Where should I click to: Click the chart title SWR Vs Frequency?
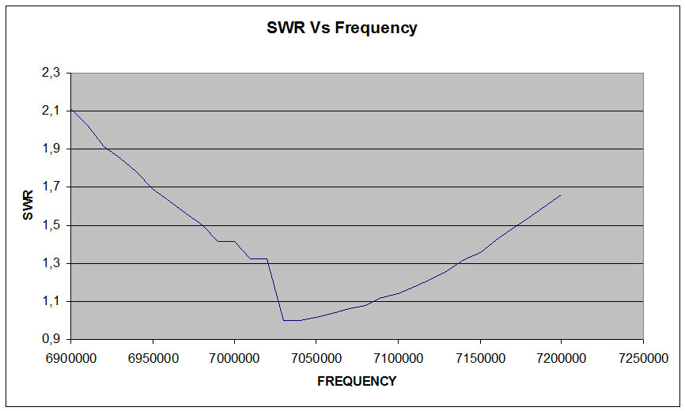click(342, 28)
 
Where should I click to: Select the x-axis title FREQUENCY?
click(357, 381)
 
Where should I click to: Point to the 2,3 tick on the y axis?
click(51, 73)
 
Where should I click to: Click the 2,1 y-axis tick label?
click(51, 111)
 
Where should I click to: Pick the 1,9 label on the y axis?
click(51, 149)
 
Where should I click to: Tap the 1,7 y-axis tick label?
click(51, 187)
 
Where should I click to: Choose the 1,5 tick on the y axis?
click(51, 225)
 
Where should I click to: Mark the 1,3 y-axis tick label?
click(51, 263)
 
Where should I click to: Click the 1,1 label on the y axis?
click(51, 301)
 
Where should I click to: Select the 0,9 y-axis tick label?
click(51, 339)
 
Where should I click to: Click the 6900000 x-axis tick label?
click(71, 358)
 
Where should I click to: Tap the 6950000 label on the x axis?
click(153, 358)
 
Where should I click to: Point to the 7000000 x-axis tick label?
click(234, 358)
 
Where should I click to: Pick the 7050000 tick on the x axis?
click(316, 358)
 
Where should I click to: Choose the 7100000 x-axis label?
click(398, 358)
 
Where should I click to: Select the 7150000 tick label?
click(479, 358)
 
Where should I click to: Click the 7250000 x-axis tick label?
click(643, 358)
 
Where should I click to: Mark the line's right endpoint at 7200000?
click(561, 194)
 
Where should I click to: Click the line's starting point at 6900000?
click(71, 109)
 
